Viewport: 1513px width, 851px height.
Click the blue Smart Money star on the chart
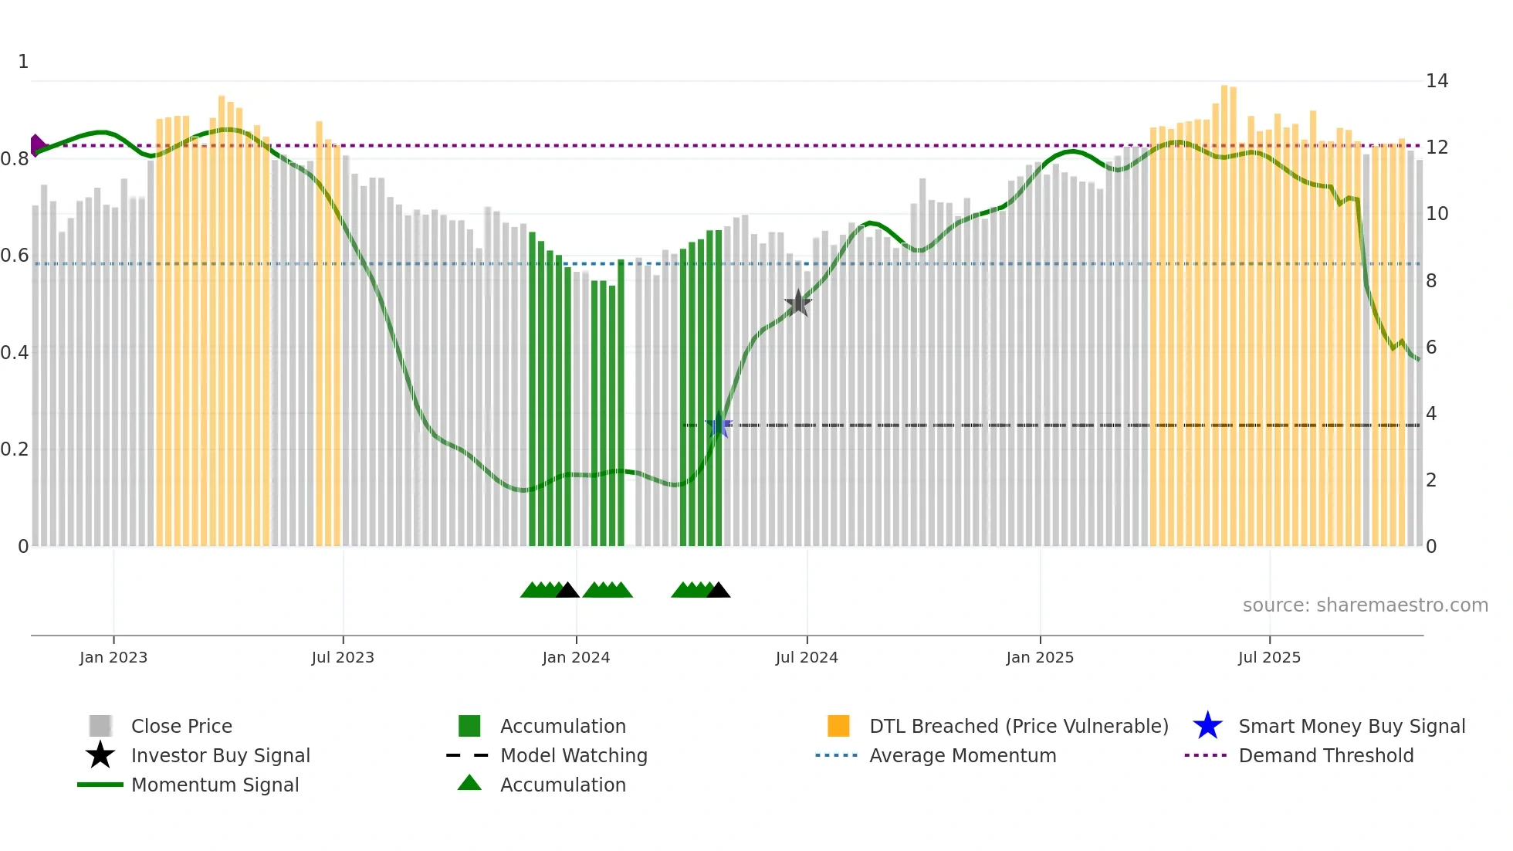pos(719,425)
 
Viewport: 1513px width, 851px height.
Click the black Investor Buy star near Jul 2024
pos(797,303)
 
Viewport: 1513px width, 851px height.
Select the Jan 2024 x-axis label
pos(576,657)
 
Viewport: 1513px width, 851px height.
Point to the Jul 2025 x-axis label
pos(1269,657)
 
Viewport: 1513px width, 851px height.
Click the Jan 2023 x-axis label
pos(113,657)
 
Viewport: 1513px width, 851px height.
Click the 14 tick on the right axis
pos(1437,81)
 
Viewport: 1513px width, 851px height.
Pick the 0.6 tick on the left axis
pos(15,256)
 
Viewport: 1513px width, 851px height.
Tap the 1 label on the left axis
pos(23,62)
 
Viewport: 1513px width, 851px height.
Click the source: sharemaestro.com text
pos(1365,605)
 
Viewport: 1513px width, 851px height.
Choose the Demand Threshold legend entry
pos(1325,755)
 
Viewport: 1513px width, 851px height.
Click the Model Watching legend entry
pos(573,755)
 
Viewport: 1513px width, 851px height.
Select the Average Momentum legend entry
pos(962,755)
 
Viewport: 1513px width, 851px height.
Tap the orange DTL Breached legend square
pos(838,726)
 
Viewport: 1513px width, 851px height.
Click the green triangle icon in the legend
pos(469,783)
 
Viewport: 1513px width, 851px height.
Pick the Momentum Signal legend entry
pos(215,785)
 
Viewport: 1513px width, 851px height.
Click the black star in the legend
pos(100,755)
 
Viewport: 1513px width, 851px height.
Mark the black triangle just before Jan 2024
pos(567,591)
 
